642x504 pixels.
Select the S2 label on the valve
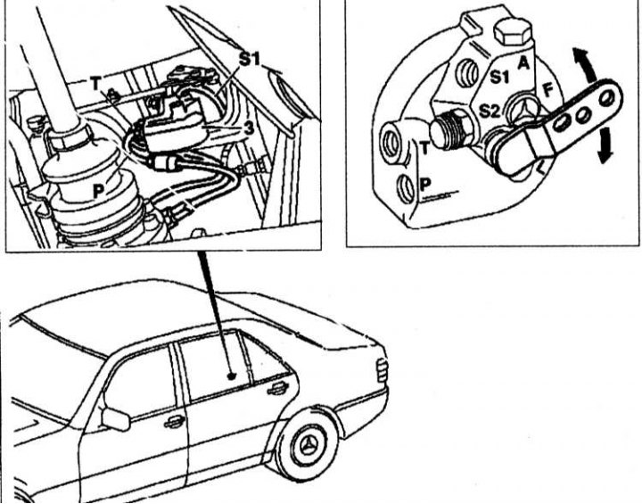pyautogui.click(x=490, y=112)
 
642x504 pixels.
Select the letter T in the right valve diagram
pyautogui.click(x=424, y=149)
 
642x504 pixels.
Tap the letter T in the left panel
pyautogui.click(x=95, y=83)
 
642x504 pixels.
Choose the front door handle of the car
pyautogui.click(x=174, y=421)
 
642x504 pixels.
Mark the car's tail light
pyautogui.click(x=383, y=370)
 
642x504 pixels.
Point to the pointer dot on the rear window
pyautogui.click(x=230, y=377)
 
